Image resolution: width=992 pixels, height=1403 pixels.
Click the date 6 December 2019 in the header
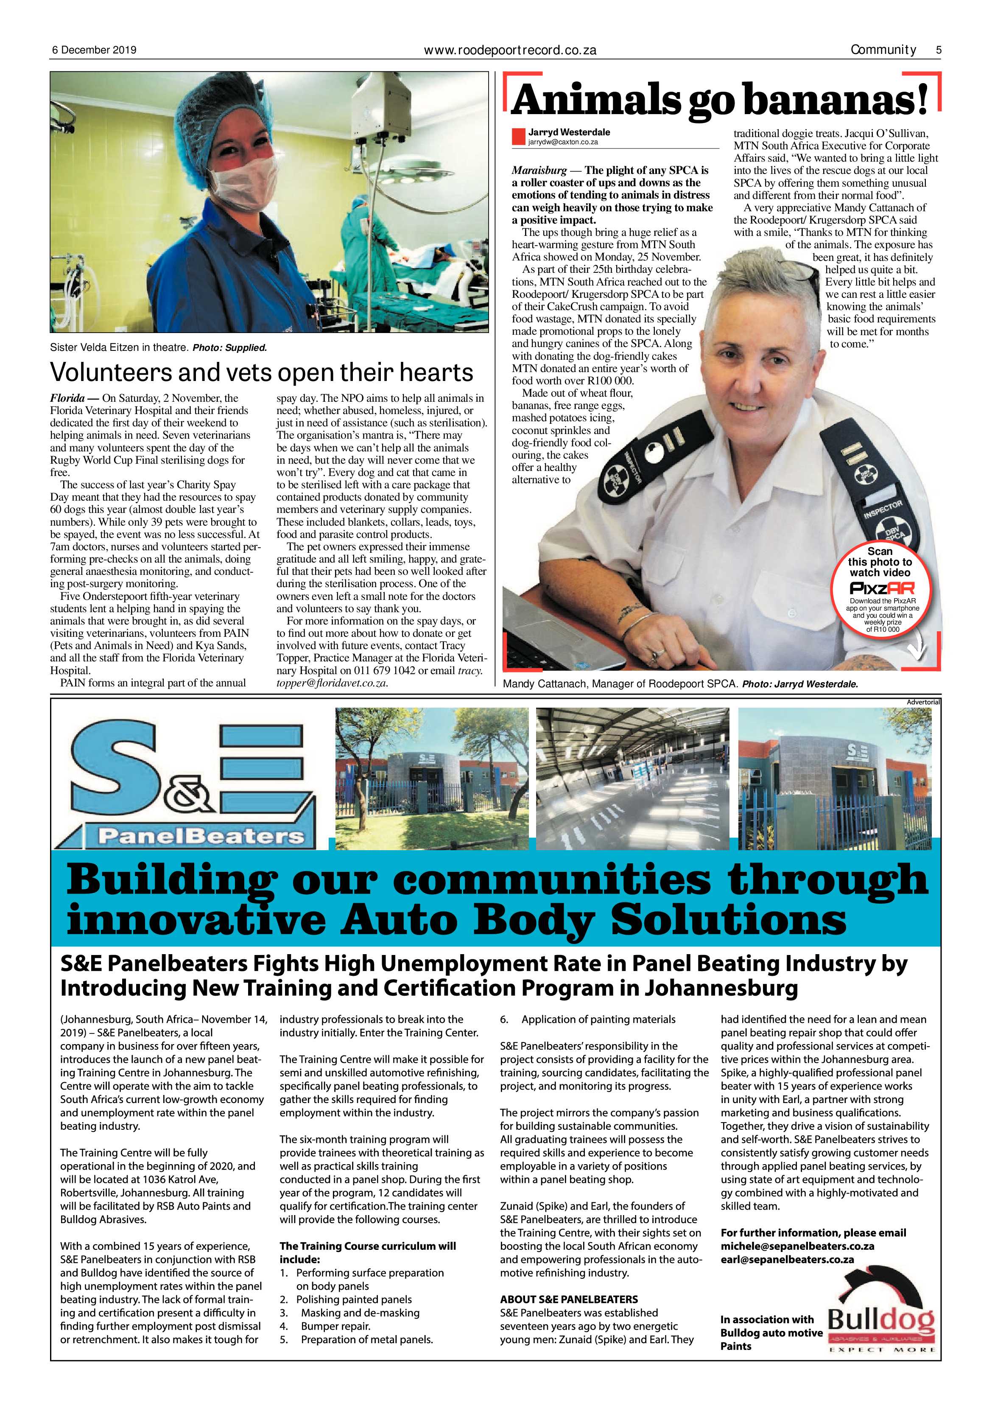tap(93, 50)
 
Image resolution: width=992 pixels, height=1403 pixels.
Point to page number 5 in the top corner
tap(938, 50)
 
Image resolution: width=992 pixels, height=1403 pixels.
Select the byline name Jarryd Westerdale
tap(569, 132)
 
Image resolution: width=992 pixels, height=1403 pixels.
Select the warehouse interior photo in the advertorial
tap(632, 779)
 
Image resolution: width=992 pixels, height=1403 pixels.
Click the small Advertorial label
tap(923, 702)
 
